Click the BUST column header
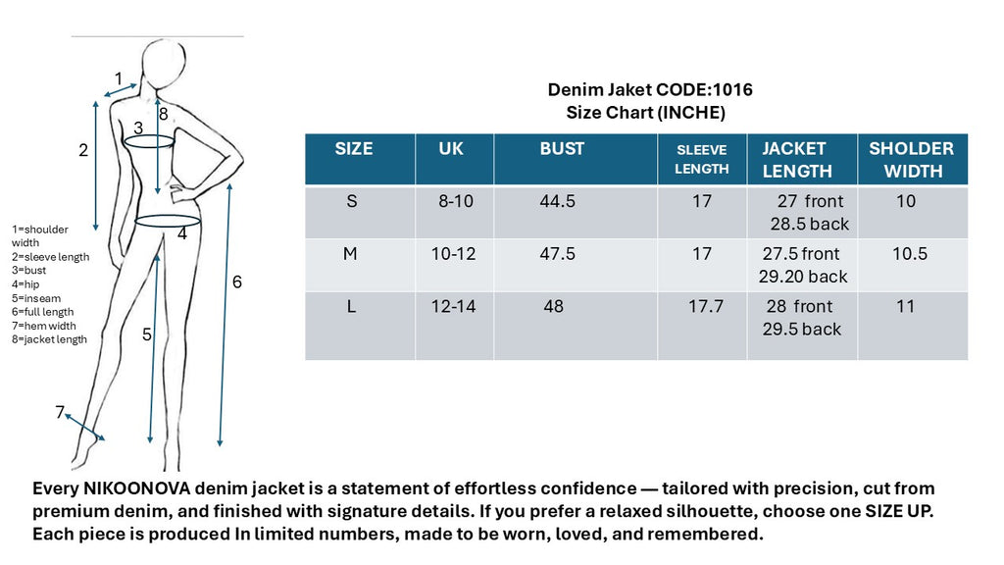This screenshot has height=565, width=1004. pyautogui.click(x=562, y=149)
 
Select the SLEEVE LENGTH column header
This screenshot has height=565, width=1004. pyautogui.click(x=702, y=159)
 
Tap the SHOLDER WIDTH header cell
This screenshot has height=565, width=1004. pyautogui.click(x=911, y=159)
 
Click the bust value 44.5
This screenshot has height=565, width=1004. pyautogui.click(x=557, y=201)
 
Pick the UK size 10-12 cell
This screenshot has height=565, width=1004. pyautogui.click(x=453, y=254)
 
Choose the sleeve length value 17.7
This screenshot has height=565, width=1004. pyautogui.click(x=705, y=306)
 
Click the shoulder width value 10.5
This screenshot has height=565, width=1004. pyautogui.click(x=910, y=254)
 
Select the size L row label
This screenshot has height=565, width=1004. pyautogui.click(x=351, y=307)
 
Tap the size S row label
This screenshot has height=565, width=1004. pyautogui.click(x=352, y=201)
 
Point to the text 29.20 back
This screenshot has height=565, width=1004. pyautogui.click(x=803, y=277)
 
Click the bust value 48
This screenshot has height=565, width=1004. pyautogui.click(x=553, y=306)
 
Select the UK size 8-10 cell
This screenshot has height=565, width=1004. pyautogui.click(x=455, y=201)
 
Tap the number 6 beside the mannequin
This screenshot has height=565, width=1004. pyautogui.click(x=237, y=282)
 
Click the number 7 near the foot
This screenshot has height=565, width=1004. pyautogui.click(x=60, y=412)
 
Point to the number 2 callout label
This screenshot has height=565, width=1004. pyautogui.click(x=83, y=150)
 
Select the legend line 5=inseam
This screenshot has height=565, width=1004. pyautogui.click(x=36, y=298)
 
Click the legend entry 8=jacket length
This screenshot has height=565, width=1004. pyautogui.click(x=49, y=339)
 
